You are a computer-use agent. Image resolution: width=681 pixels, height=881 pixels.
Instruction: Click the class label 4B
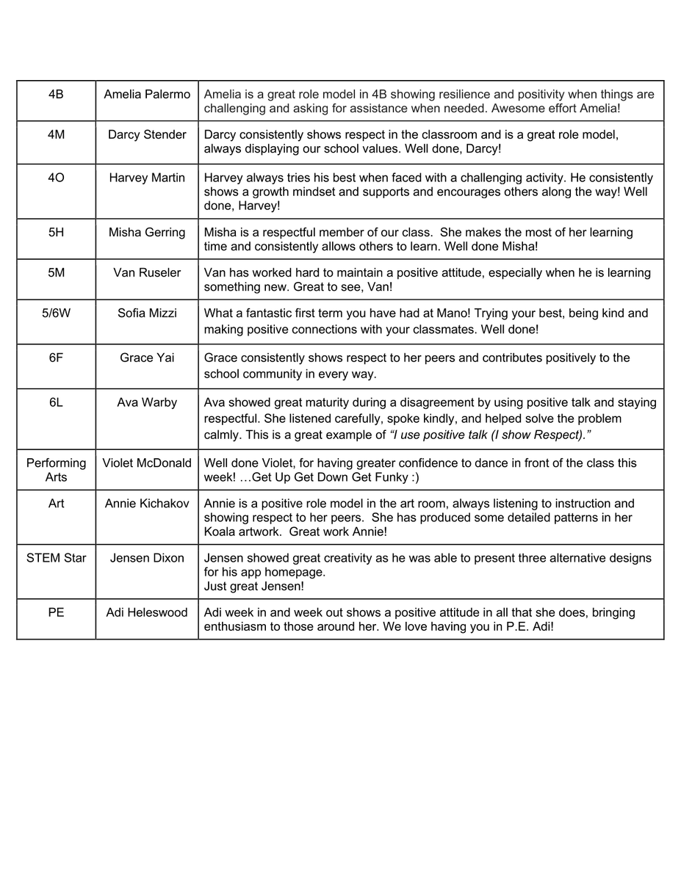tap(56, 94)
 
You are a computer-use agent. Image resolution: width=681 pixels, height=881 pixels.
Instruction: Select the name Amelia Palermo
tap(147, 94)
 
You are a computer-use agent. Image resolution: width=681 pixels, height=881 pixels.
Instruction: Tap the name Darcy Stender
tap(147, 134)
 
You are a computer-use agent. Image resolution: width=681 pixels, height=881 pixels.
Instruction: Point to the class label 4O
tap(56, 178)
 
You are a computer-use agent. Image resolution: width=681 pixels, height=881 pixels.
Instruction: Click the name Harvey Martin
tap(147, 178)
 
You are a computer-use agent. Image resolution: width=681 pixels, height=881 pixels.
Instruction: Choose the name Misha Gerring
tap(147, 232)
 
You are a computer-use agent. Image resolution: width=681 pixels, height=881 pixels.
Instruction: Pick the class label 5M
tap(56, 272)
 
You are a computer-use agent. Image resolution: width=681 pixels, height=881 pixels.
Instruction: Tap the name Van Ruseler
tap(147, 272)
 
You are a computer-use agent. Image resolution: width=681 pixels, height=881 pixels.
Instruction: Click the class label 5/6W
tap(56, 313)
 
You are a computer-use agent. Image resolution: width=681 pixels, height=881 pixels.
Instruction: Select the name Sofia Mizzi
tap(147, 313)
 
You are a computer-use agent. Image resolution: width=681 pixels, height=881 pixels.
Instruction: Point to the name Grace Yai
tap(147, 358)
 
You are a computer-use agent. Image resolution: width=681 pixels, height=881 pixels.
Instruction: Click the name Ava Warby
tap(147, 402)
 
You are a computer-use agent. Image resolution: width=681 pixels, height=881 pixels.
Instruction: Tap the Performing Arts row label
tap(56, 470)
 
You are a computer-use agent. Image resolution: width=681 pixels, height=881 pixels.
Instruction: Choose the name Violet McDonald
tap(147, 463)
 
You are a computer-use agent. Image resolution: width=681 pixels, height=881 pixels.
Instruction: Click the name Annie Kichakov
tap(147, 504)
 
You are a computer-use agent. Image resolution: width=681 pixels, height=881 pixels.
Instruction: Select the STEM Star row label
tap(56, 558)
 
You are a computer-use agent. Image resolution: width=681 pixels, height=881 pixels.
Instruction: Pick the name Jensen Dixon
tap(147, 558)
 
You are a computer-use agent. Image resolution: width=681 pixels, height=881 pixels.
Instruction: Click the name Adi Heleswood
tap(147, 612)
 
